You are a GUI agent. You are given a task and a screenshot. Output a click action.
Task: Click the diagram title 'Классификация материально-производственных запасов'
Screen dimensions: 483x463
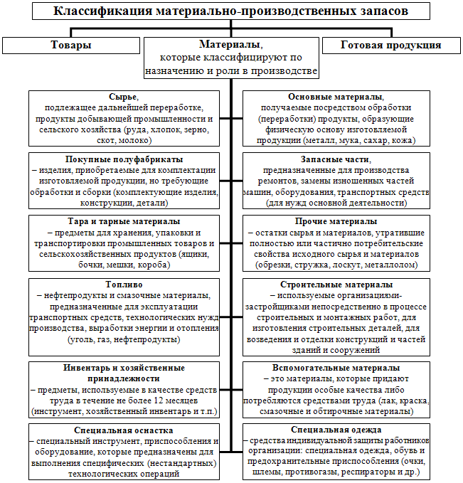click(231, 11)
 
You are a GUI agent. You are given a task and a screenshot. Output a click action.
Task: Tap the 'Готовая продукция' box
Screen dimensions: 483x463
click(390, 45)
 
